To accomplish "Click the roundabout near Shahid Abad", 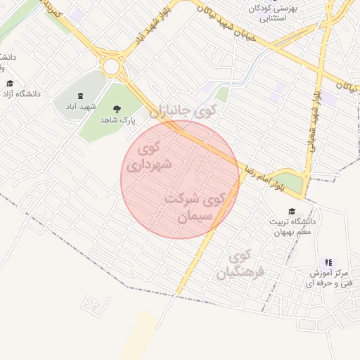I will pos(111,67).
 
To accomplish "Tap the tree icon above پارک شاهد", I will pos(117,109).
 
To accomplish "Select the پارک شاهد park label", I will pos(117,121).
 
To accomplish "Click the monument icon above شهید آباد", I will pos(79,96).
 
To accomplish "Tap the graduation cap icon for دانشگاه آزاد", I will pos(10,84).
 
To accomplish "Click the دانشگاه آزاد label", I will pos(21,94).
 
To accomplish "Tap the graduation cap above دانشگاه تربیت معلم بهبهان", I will pos(291,211).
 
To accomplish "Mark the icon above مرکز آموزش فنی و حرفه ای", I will pos(328,262).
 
